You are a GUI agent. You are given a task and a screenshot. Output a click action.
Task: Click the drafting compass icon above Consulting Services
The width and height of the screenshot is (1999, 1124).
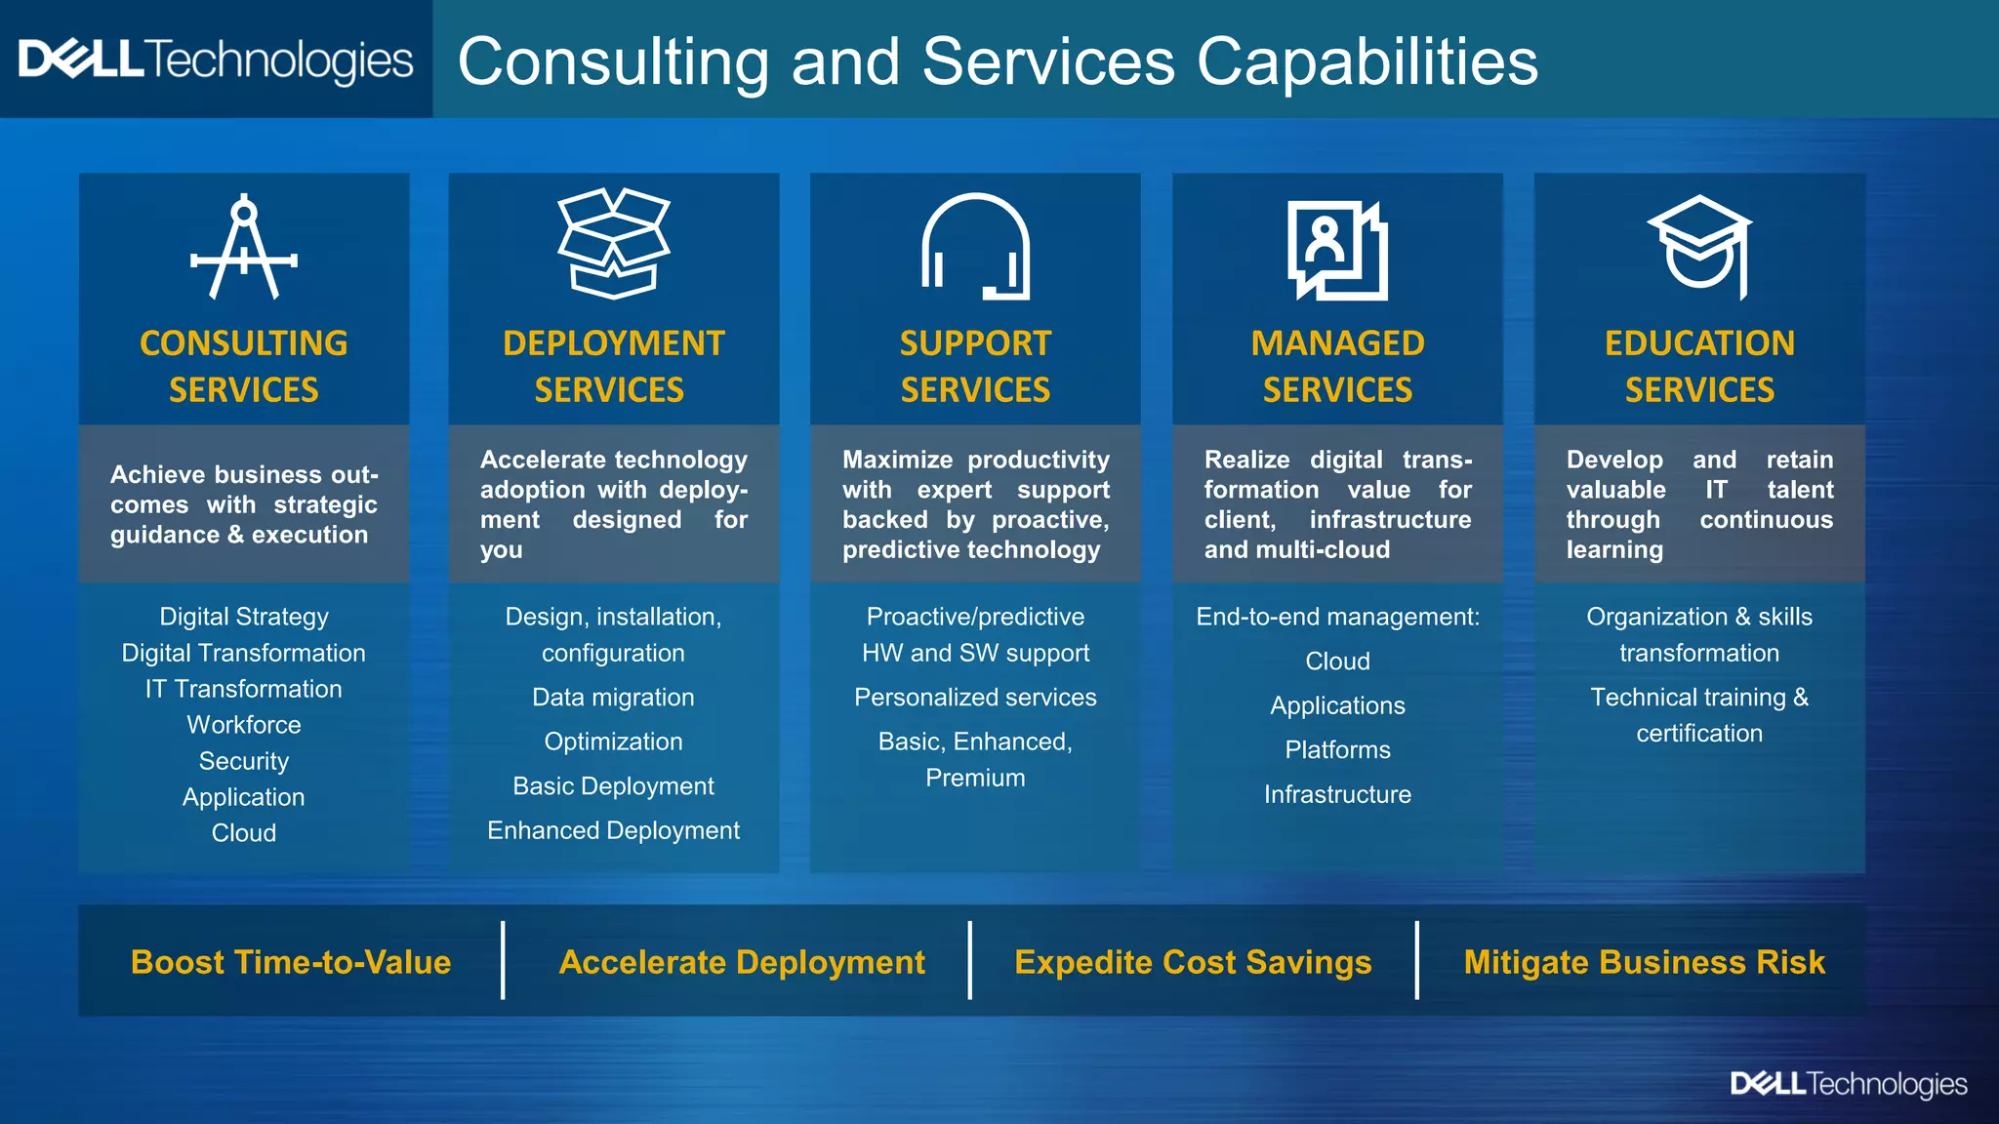tap(244, 248)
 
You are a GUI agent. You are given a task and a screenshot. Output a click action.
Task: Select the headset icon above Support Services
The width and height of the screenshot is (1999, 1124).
tap(975, 247)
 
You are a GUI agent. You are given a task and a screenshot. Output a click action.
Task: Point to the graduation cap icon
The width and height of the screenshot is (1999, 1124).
tap(1699, 244)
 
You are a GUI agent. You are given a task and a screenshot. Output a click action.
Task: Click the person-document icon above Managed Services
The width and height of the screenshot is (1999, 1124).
tap(1337, 250)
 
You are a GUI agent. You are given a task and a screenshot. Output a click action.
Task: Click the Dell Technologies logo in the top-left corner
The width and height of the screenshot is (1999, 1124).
tap(216, 60)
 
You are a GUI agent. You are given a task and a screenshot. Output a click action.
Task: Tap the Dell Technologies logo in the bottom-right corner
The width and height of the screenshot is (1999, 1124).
tap(1849, 1084)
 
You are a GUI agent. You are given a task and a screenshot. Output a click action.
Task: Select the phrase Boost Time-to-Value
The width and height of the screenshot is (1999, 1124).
tap(291, 962)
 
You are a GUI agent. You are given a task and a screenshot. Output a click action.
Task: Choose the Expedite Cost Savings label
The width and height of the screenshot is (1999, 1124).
tap(1193, 962)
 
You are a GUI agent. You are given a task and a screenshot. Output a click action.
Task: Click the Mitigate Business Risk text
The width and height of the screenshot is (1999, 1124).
tap(1644, 962)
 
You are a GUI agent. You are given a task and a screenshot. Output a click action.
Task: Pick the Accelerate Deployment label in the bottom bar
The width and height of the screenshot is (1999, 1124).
tap(742, 962)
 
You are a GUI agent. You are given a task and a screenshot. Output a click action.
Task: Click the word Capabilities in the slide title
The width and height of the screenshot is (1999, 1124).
tap(1367, 62)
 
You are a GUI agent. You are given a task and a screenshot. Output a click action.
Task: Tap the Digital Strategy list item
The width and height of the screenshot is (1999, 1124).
tap(244, 617)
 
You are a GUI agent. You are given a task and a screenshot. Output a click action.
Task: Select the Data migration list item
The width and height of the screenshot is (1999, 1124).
tap(613, 698)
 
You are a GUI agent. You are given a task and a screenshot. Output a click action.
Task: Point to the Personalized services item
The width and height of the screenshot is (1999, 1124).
tap(975, 698)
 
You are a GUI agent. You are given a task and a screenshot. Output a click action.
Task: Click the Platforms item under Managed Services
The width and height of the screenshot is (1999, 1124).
tap(1337, 750)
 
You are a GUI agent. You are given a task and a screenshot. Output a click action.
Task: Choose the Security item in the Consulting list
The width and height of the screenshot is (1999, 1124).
tap(244, 761)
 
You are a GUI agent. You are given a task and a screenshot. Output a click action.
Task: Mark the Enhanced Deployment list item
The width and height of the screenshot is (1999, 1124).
tap(613, 830)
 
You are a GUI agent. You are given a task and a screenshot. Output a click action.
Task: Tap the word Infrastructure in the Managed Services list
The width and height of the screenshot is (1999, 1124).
tap(1337, 794)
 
